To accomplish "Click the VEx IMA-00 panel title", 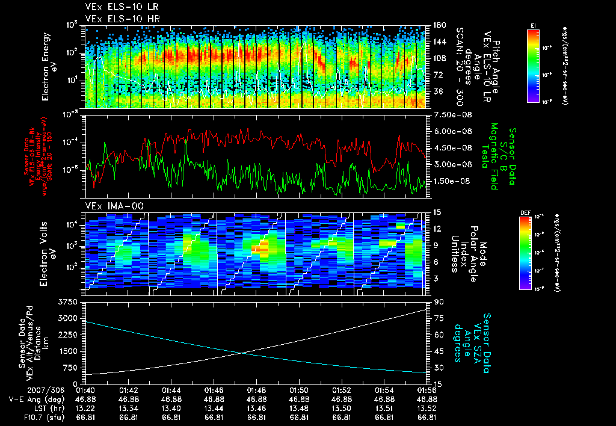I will coord(114,206).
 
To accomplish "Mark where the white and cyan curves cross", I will coord(243,353).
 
